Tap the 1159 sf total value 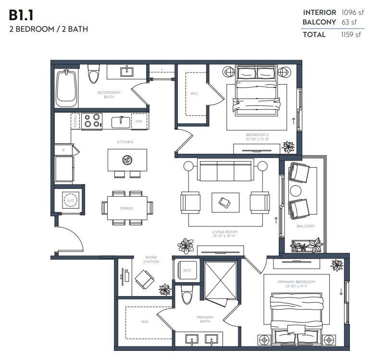351,35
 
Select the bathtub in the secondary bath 66,89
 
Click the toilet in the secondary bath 93,74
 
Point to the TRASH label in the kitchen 74,121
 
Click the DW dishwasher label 138,121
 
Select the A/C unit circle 70,199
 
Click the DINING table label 126,208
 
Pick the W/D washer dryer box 186,270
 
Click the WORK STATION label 151,260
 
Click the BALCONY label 306,226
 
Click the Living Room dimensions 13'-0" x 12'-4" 225,236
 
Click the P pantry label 63,150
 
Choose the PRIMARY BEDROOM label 296,282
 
